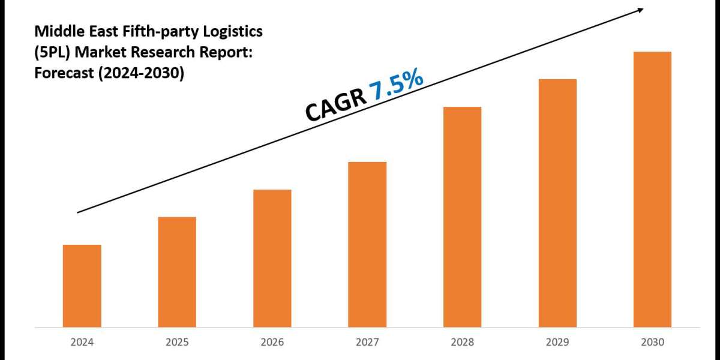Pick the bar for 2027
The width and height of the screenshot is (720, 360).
click(367, 244)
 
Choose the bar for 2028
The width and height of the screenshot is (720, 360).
click(462, 217)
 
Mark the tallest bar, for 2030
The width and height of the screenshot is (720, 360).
click(652, 189)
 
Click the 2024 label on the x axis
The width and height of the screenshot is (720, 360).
click(82, 343)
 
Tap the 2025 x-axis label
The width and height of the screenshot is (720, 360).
click(177, 343)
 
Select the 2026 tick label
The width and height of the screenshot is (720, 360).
click(272, 343)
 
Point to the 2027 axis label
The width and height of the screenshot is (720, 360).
click(367, 343)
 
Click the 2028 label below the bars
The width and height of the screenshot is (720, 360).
click(462, 343)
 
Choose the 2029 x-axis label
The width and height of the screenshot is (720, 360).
click(557, 343)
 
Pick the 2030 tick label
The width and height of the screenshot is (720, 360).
click(652, 343)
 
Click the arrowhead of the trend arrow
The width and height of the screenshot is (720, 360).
click(641, 10)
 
